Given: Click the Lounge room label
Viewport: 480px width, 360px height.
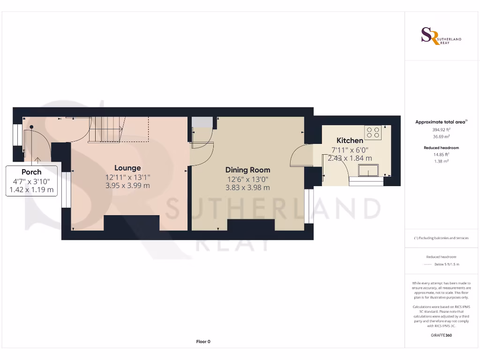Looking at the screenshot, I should click(127, 168).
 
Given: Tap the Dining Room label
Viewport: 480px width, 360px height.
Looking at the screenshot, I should click(247, 170).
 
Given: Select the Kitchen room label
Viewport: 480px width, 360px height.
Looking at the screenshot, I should click(350, 141).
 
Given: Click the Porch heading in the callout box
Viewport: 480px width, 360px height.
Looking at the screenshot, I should click(31, 172).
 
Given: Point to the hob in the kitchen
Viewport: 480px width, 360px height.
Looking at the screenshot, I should click(373, 133).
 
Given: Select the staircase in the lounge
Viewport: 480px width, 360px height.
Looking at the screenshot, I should click(105, 130).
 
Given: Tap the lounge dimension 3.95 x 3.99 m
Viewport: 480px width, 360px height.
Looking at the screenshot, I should click(127, 186).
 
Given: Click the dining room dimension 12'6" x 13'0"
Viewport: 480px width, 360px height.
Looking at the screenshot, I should click(247, 179).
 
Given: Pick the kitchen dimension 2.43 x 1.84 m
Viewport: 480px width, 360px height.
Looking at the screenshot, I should click(350, 158).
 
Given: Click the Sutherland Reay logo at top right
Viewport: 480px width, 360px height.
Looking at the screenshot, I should click(441, 36).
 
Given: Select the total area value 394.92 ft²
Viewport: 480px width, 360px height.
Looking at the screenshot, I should click(441, 129).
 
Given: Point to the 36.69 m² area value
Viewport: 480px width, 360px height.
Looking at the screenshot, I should click(441, 136).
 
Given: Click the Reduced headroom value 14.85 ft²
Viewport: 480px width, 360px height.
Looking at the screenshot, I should click(441, 154).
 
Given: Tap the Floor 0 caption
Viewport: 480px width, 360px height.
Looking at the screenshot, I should click(203, 342).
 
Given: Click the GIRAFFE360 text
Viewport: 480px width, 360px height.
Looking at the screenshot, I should click(441, 336).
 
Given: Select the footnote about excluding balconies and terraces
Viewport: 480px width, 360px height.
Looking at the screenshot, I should click(441, 238).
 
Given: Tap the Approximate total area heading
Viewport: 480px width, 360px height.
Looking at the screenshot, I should click(441, 122).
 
